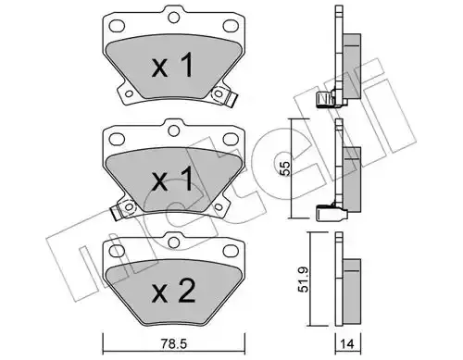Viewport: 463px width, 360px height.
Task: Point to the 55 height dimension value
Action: [286, 168]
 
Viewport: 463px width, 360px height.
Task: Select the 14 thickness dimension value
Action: [347, 343]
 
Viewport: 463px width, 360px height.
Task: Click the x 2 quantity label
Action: [173, 291]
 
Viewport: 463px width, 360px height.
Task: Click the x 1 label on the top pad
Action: [173, 65]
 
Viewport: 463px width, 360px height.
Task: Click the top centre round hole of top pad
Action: [174, 17]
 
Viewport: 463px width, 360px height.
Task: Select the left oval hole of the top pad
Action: [118, 25]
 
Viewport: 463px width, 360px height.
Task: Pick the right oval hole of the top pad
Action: [230, 25]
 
